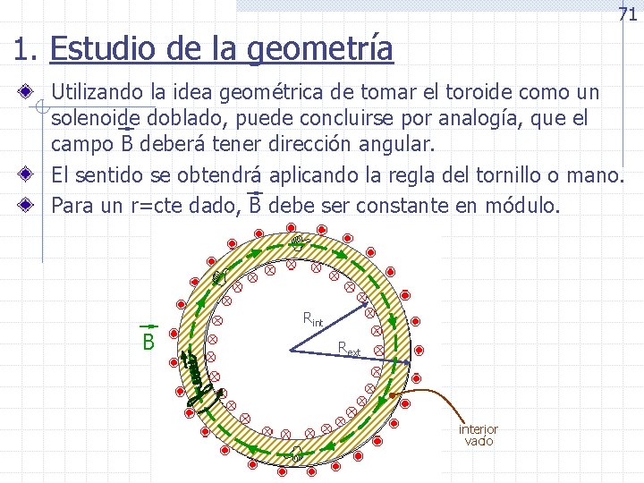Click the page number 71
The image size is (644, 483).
[627, 13]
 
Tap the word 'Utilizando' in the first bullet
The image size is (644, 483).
[102, 92]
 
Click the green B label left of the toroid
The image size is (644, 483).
[148, 343]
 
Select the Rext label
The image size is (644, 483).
[350, 349]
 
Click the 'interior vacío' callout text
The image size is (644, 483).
[479, 436]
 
